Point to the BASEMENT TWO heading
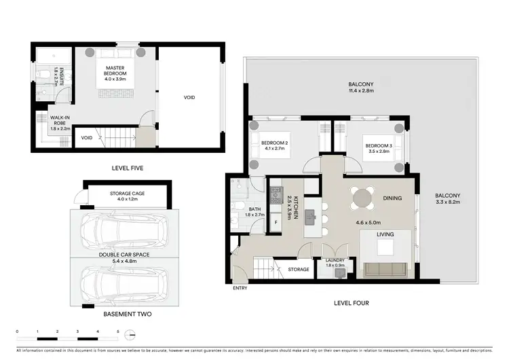(128, 314)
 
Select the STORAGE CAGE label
(128, 194)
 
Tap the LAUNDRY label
(335, 260)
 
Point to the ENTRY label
(240, 288)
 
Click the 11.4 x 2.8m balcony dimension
(361, 93)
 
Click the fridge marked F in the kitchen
(276, 222)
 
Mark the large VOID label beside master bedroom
(189, 98)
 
